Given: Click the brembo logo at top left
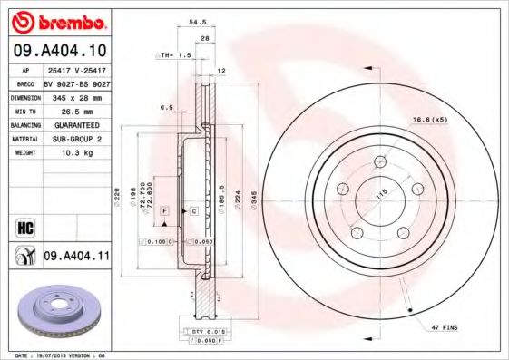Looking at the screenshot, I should click(x=56, y=20).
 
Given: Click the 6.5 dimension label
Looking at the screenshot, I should click(x=167, y=107).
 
